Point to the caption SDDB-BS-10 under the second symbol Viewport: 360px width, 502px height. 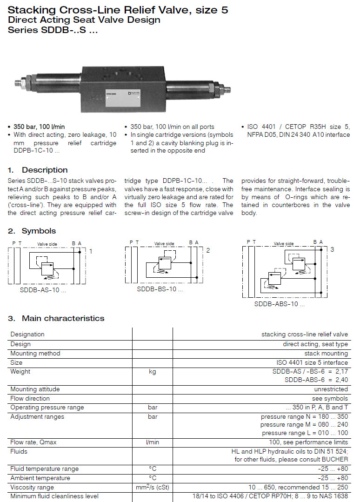coord(160,289)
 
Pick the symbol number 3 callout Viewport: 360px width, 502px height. coord(332,249)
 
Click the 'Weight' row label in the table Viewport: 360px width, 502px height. coord(20,372)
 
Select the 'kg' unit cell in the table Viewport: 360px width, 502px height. coord(152,372)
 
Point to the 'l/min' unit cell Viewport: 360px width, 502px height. coord(152,442)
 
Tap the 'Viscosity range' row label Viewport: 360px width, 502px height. coord(32,487)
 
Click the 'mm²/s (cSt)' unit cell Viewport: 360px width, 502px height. coord(152,487)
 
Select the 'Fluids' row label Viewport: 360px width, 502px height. coord(19,451)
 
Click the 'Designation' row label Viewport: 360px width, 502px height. coord(27,334)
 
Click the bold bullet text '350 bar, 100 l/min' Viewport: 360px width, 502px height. coord(39,127)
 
